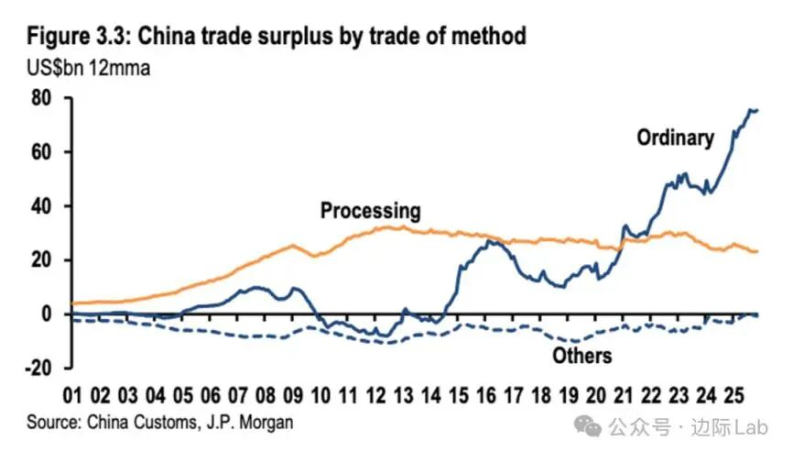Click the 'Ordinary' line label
675,138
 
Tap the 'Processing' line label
370,211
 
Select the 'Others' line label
582,356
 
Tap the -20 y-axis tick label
39,369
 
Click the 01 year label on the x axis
73,397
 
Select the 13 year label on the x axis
404,397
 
